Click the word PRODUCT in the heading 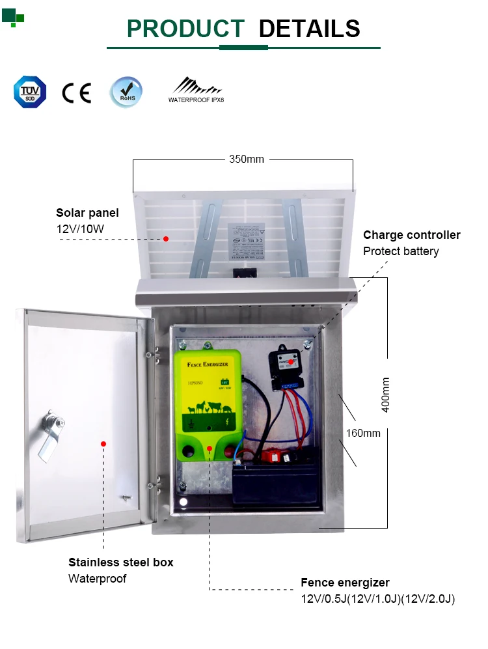185,29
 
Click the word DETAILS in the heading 309,29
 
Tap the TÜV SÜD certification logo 30,92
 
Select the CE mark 76,93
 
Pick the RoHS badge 126,92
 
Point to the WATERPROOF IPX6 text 196,100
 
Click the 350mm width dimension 247,159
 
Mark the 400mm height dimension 386,394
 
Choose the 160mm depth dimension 363,433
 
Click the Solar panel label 87,213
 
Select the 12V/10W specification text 80,228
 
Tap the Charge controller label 411,235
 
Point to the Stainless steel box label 121,562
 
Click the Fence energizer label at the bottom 345,583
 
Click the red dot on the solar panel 166,239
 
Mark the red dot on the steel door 103,444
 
